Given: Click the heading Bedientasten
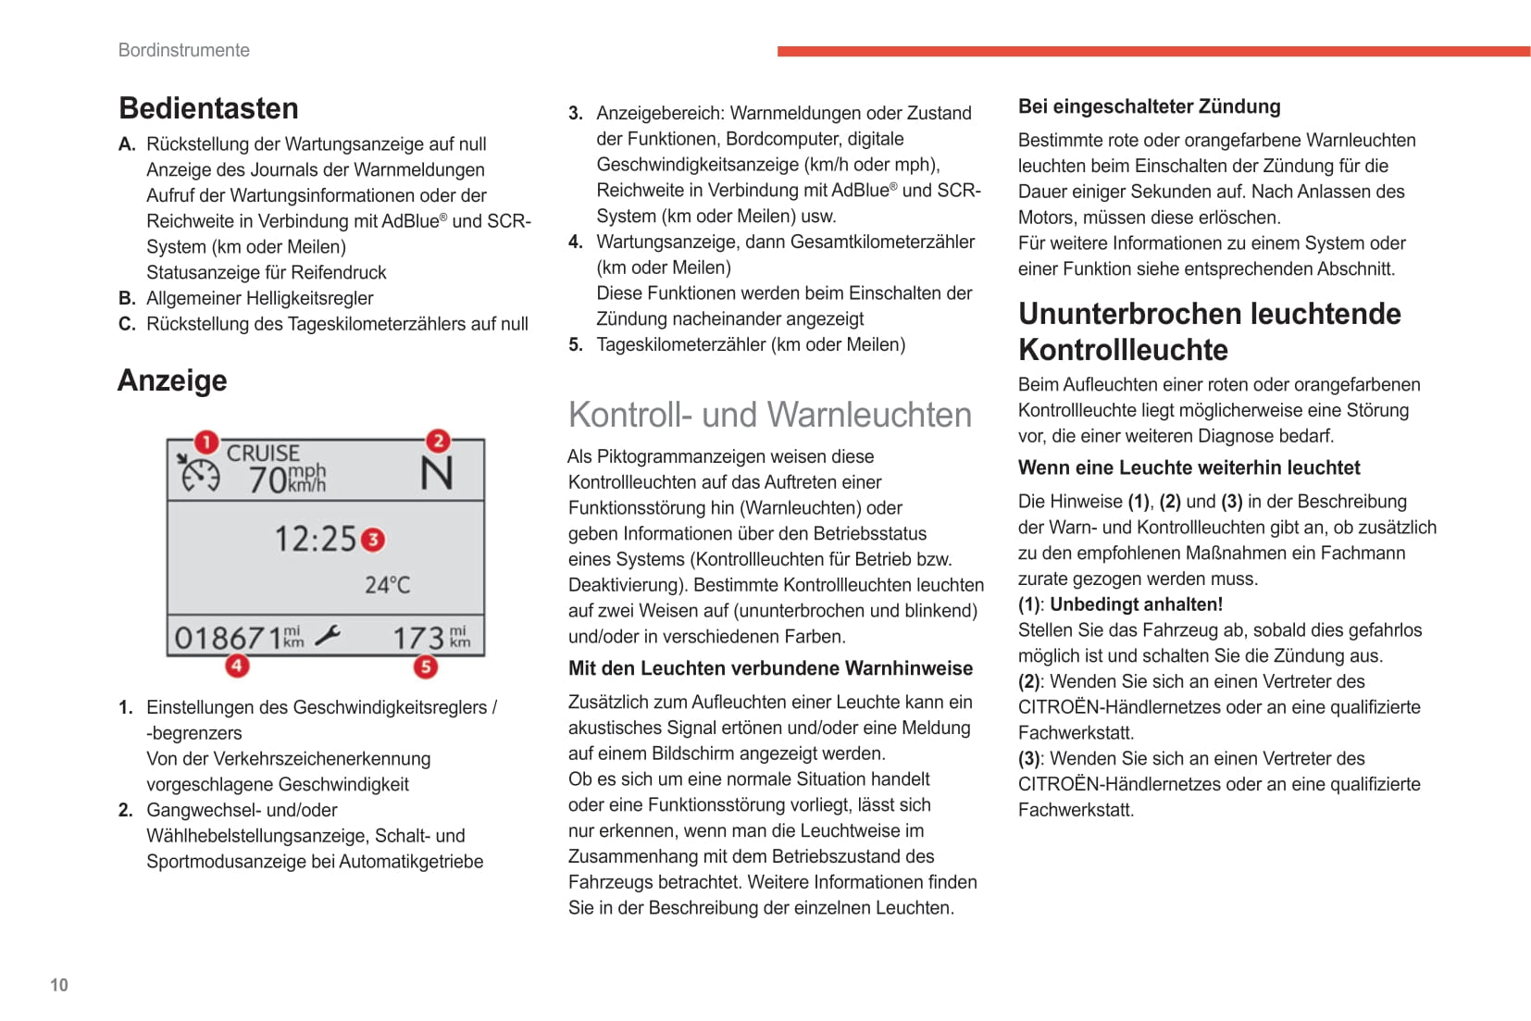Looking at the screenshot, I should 208,108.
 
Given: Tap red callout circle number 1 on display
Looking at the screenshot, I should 206,442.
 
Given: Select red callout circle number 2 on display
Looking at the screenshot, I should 438,441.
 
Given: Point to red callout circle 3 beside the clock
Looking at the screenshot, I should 373,540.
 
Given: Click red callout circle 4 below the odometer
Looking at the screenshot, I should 237,665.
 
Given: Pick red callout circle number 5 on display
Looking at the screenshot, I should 425,666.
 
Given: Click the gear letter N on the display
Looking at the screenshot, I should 437,474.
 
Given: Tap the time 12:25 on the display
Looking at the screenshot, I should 315,539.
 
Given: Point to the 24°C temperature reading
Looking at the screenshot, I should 387,585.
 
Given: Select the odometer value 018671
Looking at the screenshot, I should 228,638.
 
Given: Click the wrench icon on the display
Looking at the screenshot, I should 327,636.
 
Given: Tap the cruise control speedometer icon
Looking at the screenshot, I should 199,473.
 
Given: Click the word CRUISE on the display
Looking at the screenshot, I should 263,454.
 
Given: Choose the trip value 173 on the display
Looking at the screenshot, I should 418,638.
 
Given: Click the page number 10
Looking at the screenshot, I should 59,985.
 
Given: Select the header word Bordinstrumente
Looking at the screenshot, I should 184,50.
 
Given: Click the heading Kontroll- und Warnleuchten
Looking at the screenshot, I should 770,415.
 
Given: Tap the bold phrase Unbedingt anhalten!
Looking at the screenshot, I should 1136,604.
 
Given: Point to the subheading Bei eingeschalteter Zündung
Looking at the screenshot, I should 1149,106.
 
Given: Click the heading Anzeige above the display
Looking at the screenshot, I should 172,380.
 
